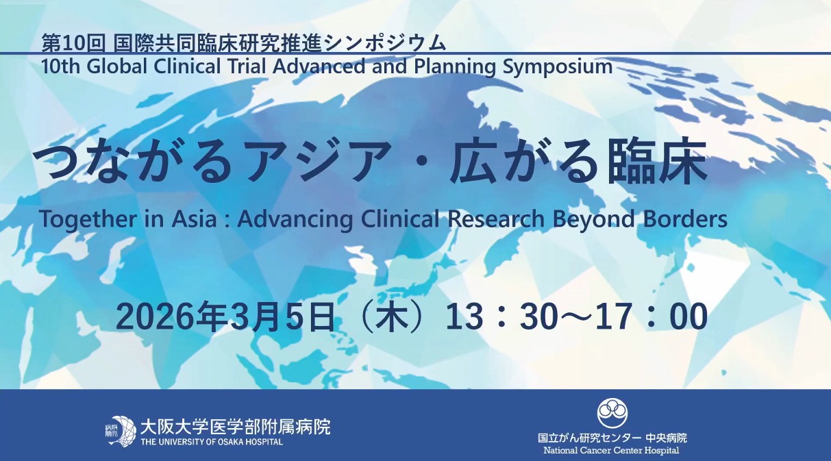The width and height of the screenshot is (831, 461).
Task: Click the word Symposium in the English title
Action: click(x=557, y=67)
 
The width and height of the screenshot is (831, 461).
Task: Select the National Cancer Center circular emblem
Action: click(x=612, y=413)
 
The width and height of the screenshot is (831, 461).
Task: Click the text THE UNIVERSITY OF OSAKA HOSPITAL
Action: click(x=212, y=442)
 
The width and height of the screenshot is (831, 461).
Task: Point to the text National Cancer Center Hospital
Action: click(x=611, y=451)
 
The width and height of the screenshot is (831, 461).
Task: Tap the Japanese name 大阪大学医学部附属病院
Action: click(x=235, y=427)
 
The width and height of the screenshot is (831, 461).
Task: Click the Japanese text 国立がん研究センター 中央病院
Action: click(x=612, y=438)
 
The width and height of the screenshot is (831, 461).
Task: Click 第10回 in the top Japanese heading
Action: click(x=73, y=43)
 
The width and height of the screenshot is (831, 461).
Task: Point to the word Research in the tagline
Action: click(x=495, y=219)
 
